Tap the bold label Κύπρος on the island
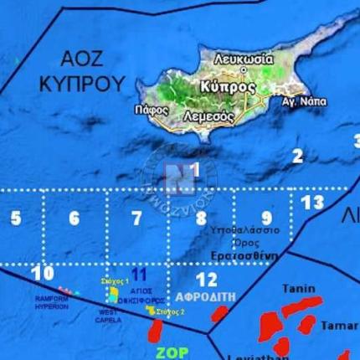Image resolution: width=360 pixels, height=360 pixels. point(227,86)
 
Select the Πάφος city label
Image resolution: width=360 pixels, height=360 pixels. point(151,110)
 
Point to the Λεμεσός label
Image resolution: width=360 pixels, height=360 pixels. point(208,116)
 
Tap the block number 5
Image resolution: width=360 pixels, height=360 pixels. point(15,219)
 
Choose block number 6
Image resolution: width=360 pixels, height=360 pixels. point(74,219)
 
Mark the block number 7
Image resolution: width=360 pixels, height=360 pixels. point(136,219)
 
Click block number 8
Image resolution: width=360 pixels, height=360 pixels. point(201,219)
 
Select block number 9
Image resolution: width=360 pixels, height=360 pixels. point(266,218)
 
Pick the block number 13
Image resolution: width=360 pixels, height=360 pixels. point(311,203)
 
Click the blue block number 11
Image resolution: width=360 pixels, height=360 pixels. point(140,273)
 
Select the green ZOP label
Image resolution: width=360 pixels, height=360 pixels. point(172,352)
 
